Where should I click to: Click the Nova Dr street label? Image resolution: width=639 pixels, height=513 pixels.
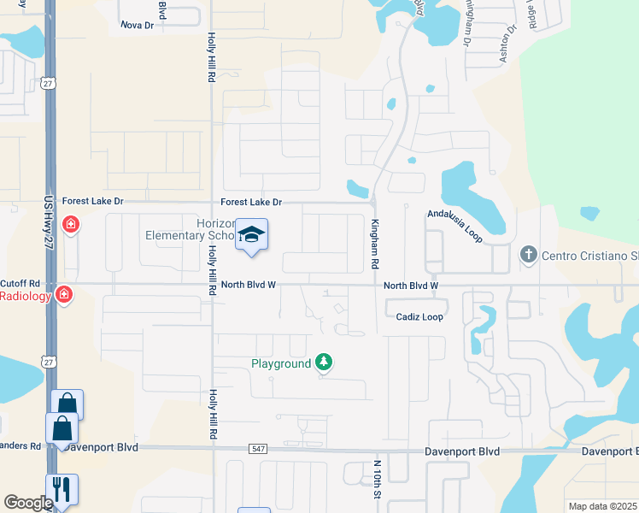[137, 26]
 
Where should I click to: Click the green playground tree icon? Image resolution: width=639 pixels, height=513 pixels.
[324, 363]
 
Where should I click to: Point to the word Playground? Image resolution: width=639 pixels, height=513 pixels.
[281, 363]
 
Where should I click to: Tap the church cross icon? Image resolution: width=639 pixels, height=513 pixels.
[528, 255]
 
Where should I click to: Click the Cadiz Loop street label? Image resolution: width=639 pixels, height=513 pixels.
[419, 316]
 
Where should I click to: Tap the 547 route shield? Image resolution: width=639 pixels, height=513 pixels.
[259, 449]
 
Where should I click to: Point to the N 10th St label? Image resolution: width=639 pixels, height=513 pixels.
[376, 478]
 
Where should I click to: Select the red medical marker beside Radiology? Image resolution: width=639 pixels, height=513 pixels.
[63, 295]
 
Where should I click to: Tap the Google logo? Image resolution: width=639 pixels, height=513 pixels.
[28, 503]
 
